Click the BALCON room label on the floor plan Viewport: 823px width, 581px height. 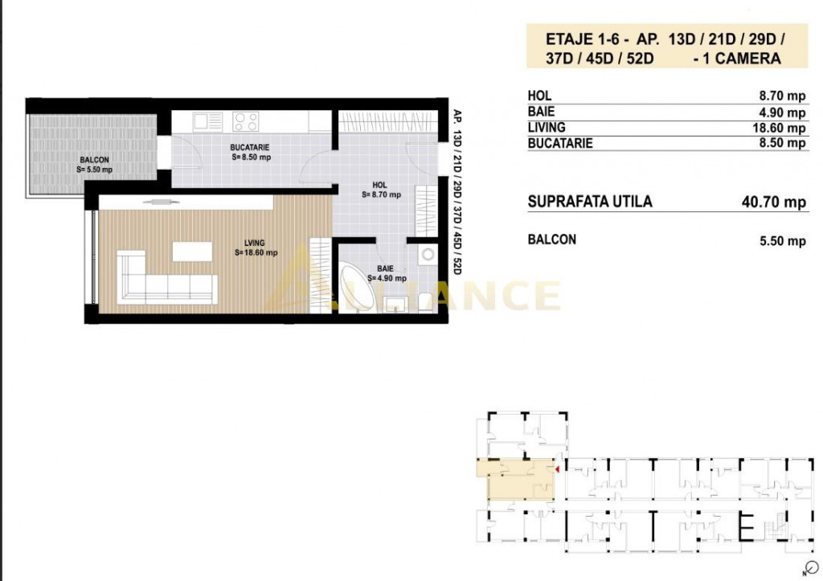(95, 160)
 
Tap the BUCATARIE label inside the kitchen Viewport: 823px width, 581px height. (250, 148)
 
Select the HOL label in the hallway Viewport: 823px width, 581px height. (379, 185)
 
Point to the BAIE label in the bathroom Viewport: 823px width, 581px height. (385, 268)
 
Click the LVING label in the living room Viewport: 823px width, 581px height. (255, 243)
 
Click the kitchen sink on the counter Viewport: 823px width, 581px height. (208, 122)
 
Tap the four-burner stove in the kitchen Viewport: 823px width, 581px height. (246, 122)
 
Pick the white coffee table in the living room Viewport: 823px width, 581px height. (192, 252)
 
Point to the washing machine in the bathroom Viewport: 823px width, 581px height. (428, 255)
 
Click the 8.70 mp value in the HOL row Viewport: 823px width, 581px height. (782, 96)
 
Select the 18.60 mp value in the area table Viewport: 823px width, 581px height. (779, 128)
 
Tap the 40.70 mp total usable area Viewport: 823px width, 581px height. (774, 202)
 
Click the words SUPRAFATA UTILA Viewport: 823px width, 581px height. (590, 202)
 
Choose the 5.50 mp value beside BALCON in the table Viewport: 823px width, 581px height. (783, 241)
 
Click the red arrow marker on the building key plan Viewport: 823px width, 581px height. (558, 469)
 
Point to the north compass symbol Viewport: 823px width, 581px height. (812, 567)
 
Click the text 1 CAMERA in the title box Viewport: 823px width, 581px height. (742, 58)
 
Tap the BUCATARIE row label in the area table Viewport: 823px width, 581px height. (560, 143)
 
